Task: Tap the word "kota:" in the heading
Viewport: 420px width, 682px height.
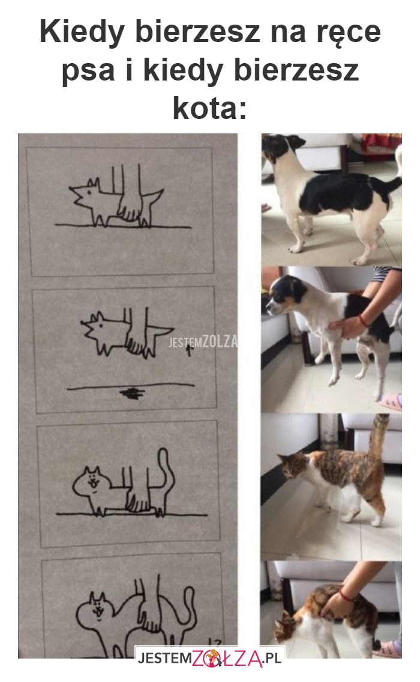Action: coord(210,108)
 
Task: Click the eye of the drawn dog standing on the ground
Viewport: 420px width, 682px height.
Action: coord(89,192)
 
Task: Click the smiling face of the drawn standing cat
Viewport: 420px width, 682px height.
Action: coord(92,483)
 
